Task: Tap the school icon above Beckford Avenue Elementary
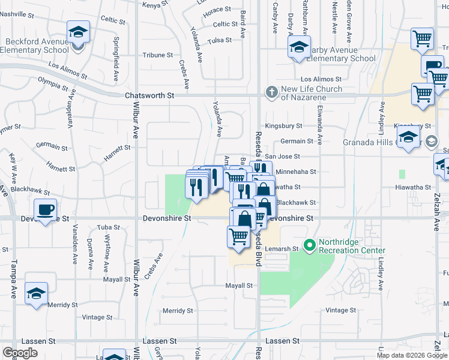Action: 77,32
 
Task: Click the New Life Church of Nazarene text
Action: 312,93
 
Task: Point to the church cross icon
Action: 271,92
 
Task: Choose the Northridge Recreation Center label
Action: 351,246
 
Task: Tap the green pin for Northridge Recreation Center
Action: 310,245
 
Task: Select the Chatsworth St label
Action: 149,95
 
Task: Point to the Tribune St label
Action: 158,55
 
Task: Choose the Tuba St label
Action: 109,227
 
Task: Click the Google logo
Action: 20,353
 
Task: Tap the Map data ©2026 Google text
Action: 411,355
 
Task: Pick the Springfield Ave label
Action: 116,54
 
